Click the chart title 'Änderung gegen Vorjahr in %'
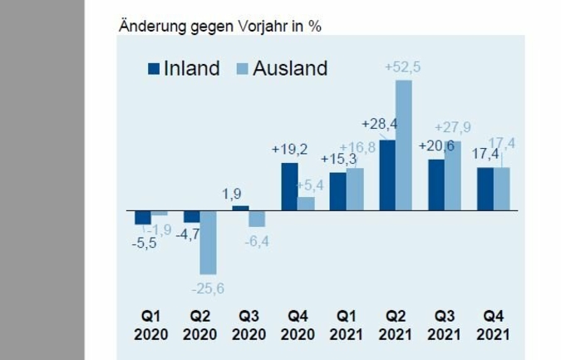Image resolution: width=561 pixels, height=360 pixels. (x=220, y=26)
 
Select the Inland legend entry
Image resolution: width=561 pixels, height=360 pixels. (x=184, y=68)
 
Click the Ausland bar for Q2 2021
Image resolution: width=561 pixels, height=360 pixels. (x=403, y=145)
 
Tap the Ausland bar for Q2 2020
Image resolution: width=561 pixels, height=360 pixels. (x=208, y=242)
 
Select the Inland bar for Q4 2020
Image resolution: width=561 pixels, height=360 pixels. (x=289, y=186)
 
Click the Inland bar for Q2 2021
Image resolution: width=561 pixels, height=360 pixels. (x=387, y=175)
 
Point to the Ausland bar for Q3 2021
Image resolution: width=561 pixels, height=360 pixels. (x=452, y=175)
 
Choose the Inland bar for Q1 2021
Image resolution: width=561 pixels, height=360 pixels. (x=338, y=191)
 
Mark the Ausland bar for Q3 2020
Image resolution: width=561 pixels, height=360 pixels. (x=257, y=218)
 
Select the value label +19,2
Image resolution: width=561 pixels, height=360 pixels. (x=289, y=150)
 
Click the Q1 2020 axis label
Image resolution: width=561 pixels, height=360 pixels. (x=150, y=326)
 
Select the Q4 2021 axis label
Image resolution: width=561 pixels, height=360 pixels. (x=493, y=326)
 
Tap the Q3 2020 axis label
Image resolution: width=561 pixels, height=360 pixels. (x=249, y=326)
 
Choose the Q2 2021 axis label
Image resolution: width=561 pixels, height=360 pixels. (x=395, y=326)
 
